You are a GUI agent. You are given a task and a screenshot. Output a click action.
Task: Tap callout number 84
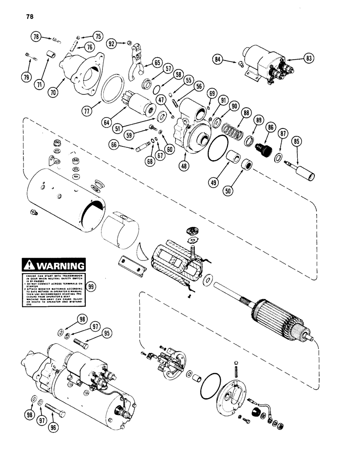(218, 59)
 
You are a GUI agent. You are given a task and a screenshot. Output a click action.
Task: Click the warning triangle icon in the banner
(29, 266)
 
